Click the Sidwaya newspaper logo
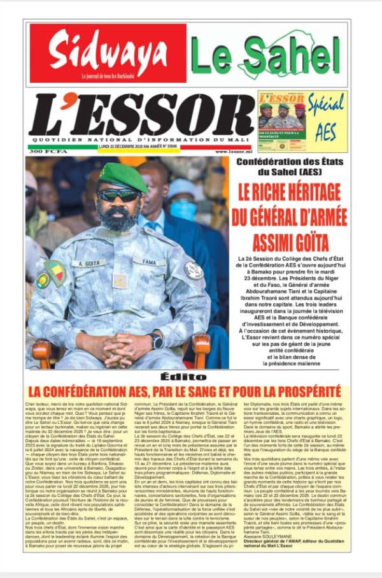click(107, 54)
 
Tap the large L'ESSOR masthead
click(141, 116)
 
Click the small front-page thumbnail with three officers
click(281, 122)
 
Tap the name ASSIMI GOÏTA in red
click(292, 242)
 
